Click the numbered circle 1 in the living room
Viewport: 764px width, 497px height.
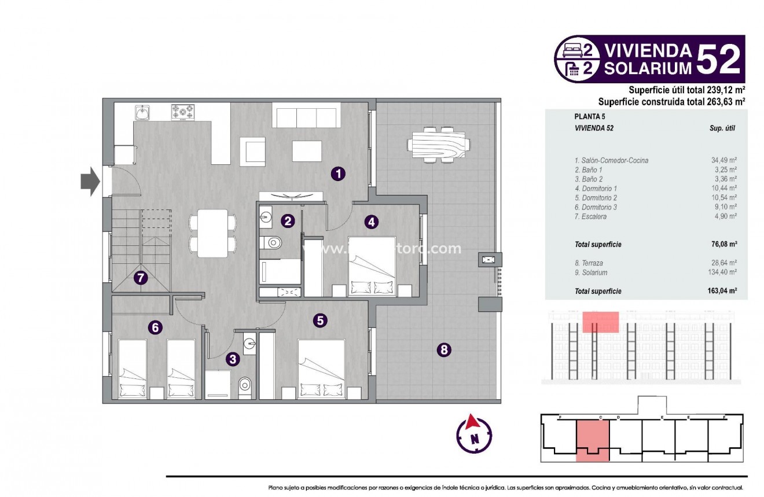pos(338,173)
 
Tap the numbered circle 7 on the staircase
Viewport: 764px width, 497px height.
pos(140,278)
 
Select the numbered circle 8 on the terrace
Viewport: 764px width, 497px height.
pos(443,349)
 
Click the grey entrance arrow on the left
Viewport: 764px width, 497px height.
pos(90,182)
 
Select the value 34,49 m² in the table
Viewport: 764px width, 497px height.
pos(724,160)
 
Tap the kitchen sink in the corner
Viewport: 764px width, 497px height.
pos(142,112)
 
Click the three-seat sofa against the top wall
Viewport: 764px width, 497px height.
pos(306,117)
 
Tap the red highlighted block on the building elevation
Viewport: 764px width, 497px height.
pos(601,322)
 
